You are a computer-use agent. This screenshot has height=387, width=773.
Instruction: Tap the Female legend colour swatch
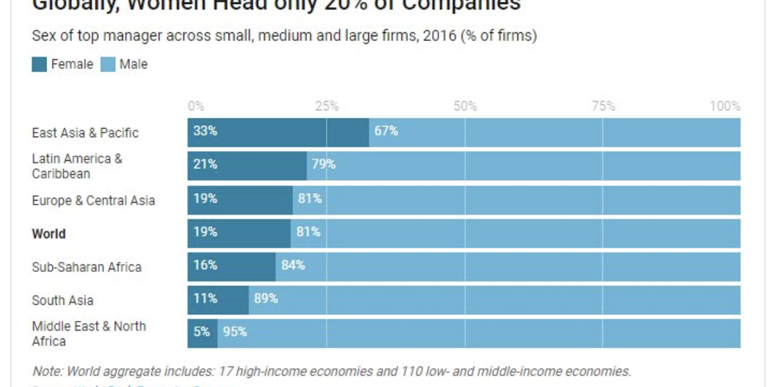tap(40, 65)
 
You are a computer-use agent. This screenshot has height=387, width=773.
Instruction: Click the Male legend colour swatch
tap(108, 65)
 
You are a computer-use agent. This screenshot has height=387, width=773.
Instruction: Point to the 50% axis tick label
tap(464, 106)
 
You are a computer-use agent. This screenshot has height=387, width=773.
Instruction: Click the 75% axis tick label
tap(603, 106)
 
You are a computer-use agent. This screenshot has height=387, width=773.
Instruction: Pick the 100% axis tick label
tap(725, 106)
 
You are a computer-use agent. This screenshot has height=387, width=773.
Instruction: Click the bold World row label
tap(48, 234)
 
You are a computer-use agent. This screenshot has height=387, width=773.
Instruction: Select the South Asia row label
tap(63, 300)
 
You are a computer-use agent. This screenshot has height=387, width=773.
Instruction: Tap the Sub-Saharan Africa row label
tap(87, 267)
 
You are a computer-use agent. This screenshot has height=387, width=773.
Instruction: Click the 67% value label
tap(386, 131)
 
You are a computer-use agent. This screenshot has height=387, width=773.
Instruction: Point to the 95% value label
tap(235, 332)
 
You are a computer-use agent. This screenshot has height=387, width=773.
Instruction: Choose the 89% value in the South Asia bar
tap(266, 298)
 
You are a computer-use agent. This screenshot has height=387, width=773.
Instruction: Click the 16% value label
tap(205, 265)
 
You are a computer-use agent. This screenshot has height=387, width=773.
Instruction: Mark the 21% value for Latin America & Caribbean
tap(205, 164)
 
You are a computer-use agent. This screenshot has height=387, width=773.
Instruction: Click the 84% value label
tap(293, 265)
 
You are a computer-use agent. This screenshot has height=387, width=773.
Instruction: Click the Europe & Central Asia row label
tap(93, 201)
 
